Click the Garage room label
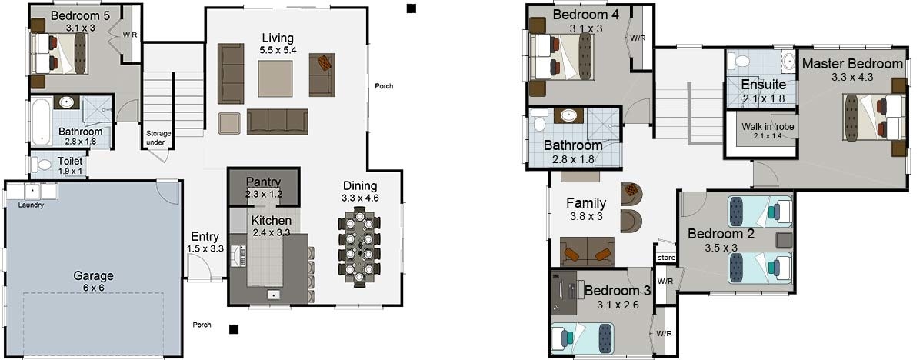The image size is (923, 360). coord(93,275)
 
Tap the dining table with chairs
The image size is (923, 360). coord(359,250)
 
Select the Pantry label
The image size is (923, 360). coord(263,182)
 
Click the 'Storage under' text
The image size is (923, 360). coord(159,138)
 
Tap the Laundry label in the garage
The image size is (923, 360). coord(32,205)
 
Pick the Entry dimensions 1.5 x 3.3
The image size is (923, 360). coord(205,249)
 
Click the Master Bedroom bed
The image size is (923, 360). coord(872,117)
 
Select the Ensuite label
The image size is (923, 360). coord(763,85)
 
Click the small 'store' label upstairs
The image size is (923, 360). coord(666,258)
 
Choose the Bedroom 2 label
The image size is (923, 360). coord(721,234)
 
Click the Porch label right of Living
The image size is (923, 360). coord(384,86)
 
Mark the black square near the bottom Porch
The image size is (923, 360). coord(234,329)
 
